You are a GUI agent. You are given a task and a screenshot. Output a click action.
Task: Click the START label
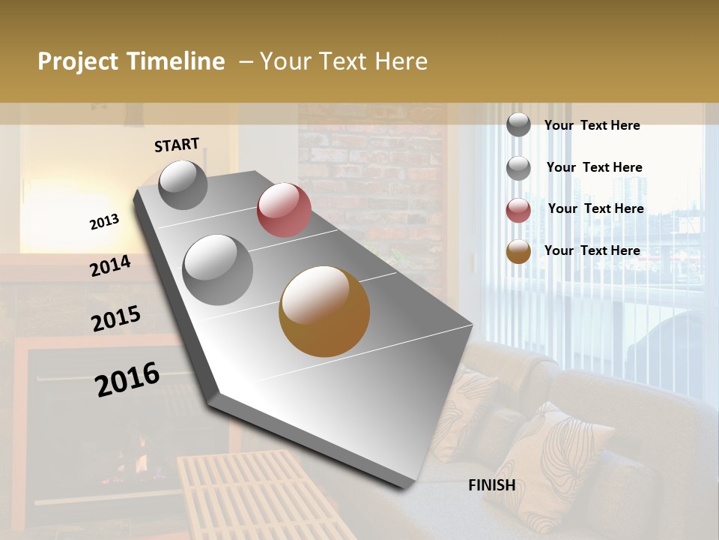(177, 145)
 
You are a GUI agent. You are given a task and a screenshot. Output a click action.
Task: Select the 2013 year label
(104, 222)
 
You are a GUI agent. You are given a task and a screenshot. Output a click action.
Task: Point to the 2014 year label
(110, 266)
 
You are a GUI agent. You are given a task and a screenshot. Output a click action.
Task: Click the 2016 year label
(127, 379)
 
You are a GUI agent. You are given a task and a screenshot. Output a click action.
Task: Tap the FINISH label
(492, 485)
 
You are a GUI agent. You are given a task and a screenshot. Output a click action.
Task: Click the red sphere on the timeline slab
(284, 210)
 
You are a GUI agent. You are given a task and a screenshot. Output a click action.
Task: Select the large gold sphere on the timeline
(324, 311)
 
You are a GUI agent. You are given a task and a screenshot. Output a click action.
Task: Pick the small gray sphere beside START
(183, 184)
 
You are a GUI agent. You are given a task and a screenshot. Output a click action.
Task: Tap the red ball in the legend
(518, 210)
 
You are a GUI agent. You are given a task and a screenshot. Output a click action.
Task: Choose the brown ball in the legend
(518, 251)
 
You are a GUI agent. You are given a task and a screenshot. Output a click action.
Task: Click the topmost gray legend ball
(518, 125)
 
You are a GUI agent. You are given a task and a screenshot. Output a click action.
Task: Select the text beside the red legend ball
(595, 208)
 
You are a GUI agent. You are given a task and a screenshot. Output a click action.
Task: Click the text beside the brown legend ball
(592, 250)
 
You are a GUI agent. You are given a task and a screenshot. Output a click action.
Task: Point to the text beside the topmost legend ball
(592, 125)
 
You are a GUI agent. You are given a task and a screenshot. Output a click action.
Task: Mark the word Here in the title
(401, 61)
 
